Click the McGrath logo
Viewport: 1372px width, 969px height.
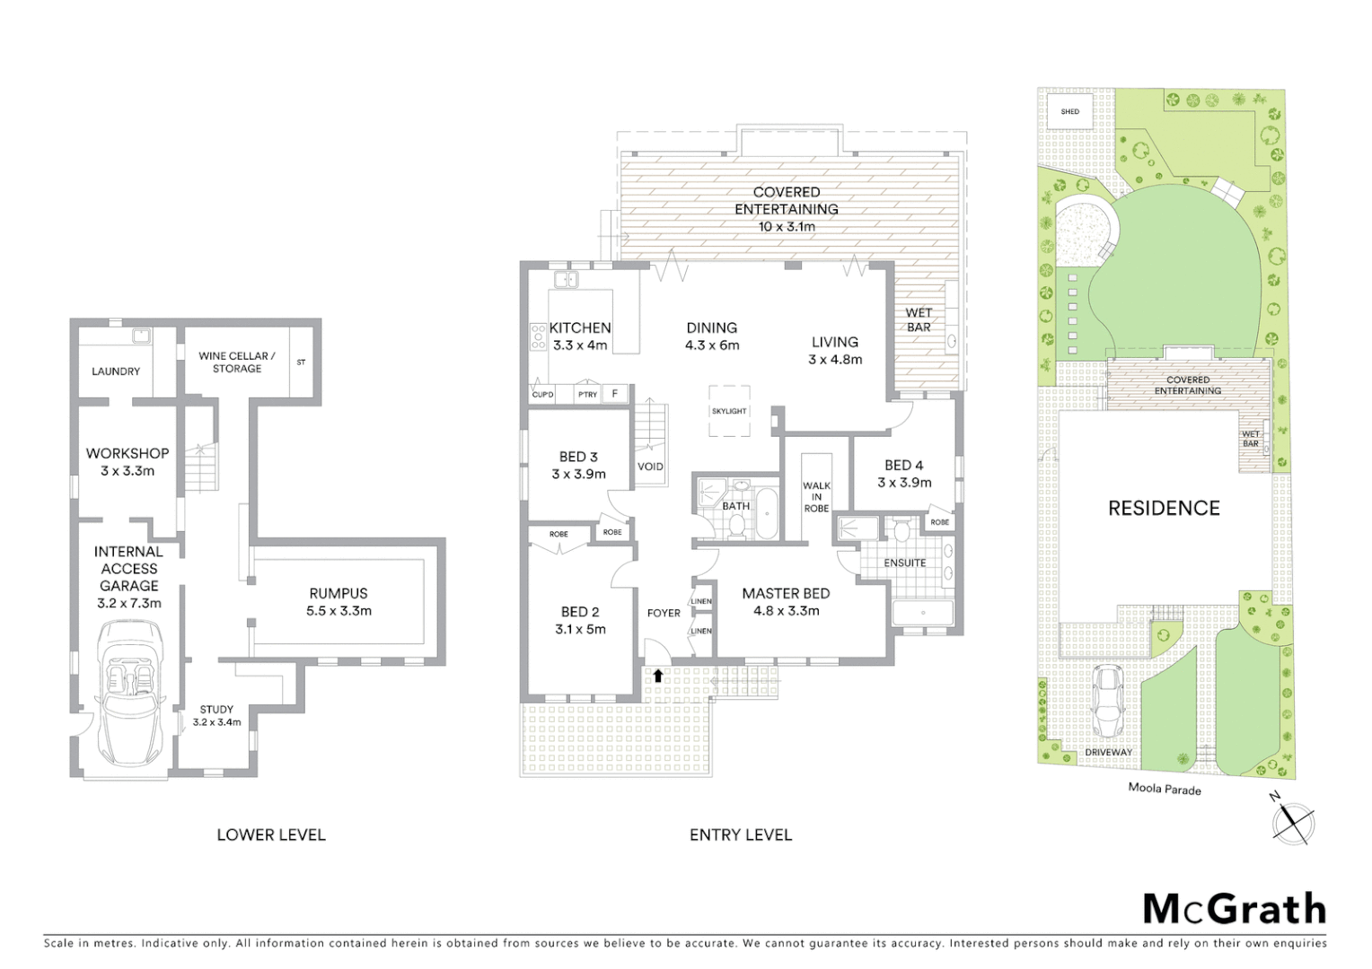click(1234, 909)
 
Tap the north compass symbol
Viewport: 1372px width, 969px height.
click(1293, 821)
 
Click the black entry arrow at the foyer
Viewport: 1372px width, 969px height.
click(658, 676)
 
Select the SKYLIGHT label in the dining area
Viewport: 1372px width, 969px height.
click(729, 411)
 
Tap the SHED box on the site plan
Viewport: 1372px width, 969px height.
click(1070, 112)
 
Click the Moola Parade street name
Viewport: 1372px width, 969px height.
click(1165, 789)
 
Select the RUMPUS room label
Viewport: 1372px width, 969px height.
click(339, 593)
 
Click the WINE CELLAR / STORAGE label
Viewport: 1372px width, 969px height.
click(237, 362)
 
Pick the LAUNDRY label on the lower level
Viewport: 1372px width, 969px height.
click(116, 371)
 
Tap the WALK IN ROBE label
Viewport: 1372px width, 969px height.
click(816, 497)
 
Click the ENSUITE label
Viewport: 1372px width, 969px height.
click(904, 563)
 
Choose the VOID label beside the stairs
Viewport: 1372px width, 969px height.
click(650, 467)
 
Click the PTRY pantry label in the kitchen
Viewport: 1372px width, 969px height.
click(588, 395)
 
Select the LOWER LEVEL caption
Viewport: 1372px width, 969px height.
click(271, 834)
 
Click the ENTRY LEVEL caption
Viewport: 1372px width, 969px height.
click(741, 834)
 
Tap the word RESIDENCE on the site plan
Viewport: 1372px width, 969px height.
click(1164, 508)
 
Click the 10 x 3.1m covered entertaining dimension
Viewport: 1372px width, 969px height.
click(787, 226)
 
